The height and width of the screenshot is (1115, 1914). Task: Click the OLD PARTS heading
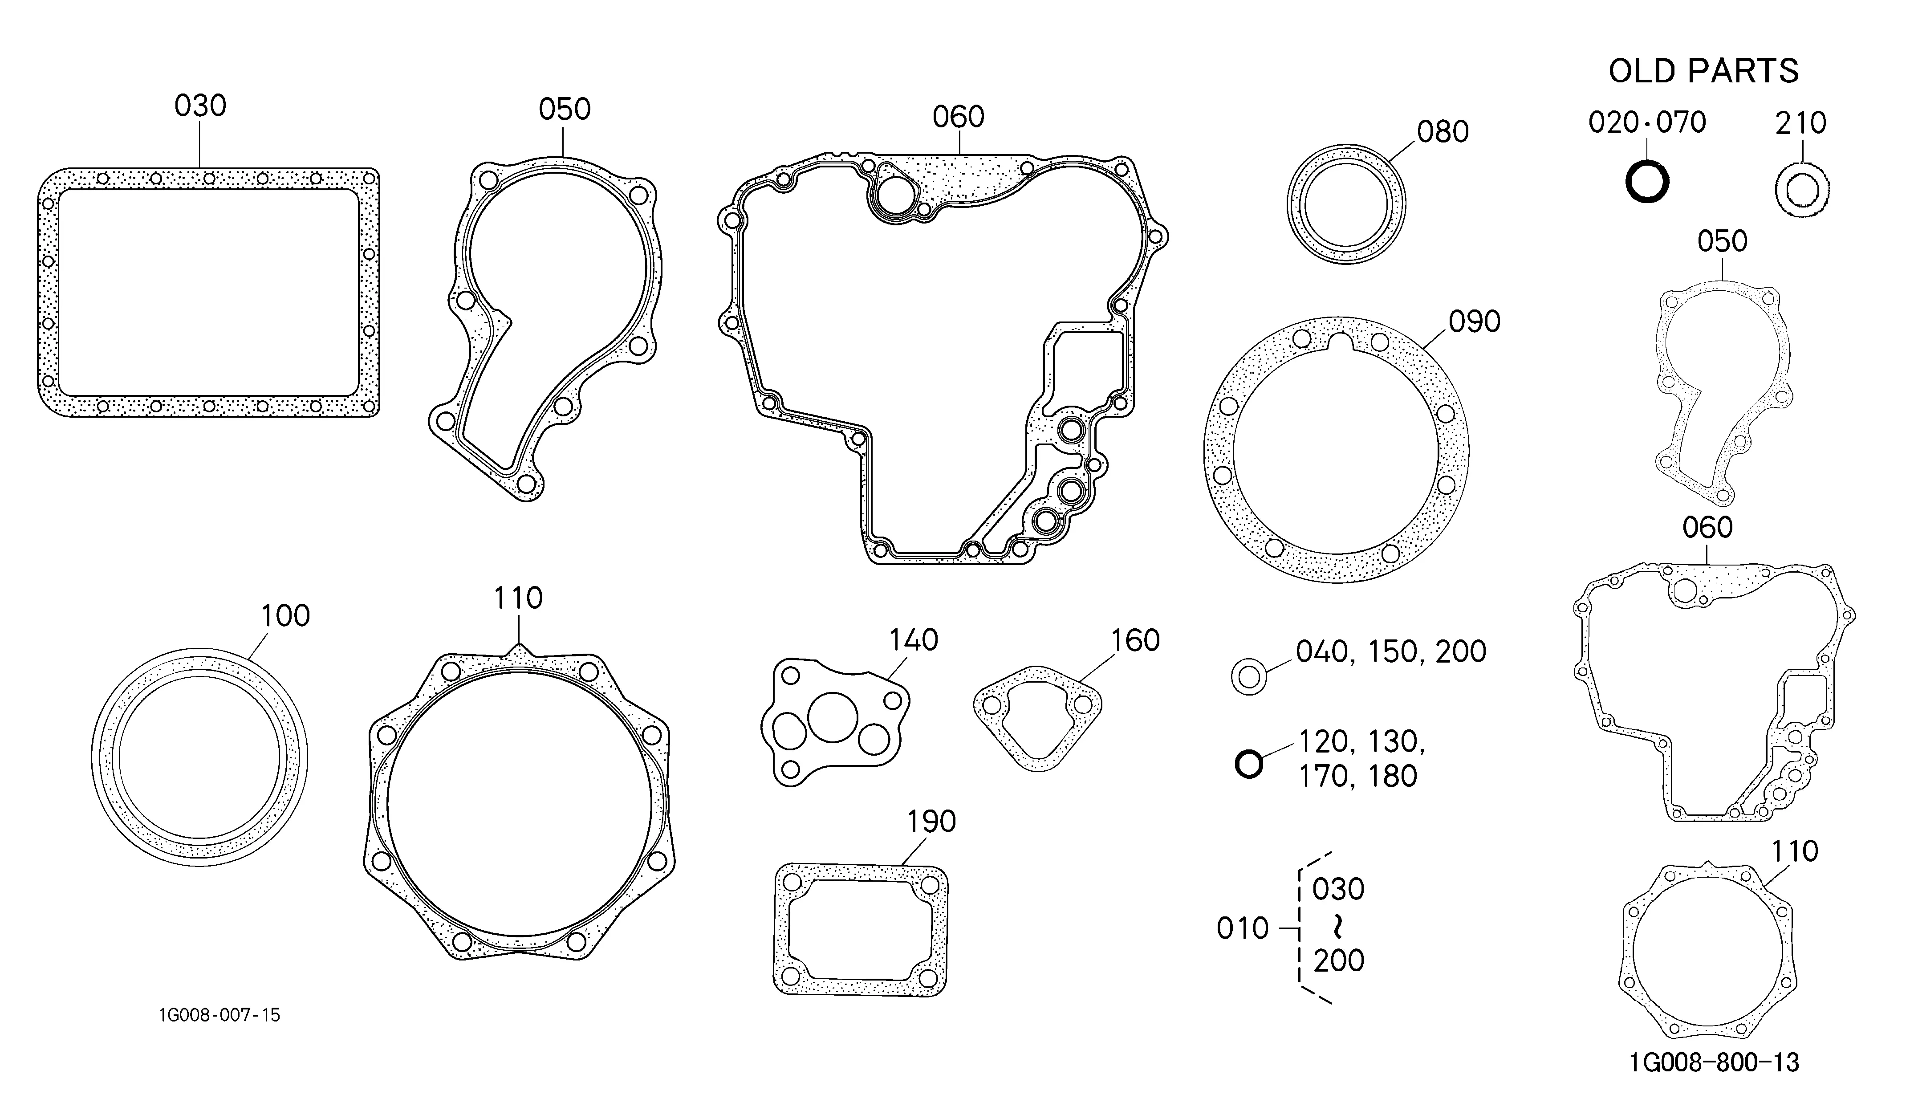coord(1703,71)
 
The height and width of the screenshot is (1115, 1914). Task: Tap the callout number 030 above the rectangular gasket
coord(200,106)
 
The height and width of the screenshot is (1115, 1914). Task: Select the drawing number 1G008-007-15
coord(219,1015)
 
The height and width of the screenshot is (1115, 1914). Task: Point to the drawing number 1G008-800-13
coord(1714,1062)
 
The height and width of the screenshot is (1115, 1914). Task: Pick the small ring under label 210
coord(1802,190)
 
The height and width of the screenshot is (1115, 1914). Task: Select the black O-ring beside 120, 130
coord(1249,764)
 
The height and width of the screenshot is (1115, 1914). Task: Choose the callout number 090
coord(1474,321)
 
